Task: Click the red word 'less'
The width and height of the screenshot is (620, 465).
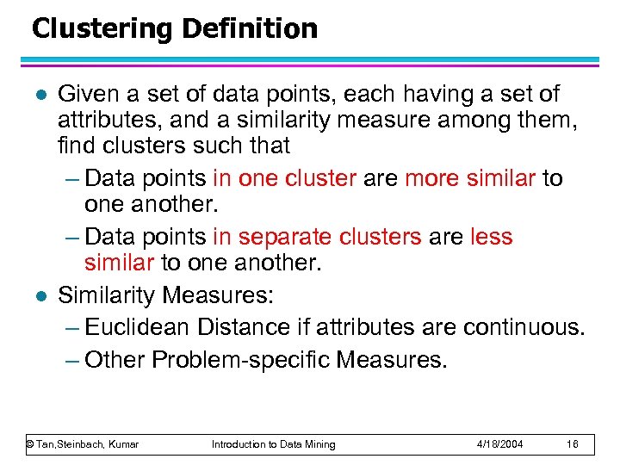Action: pos(492,237)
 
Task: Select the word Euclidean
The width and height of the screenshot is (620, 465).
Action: pos(139,327)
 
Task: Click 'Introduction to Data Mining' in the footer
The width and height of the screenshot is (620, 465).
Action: pos(274,444)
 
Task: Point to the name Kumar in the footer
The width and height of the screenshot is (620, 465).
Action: pos(121,444)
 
